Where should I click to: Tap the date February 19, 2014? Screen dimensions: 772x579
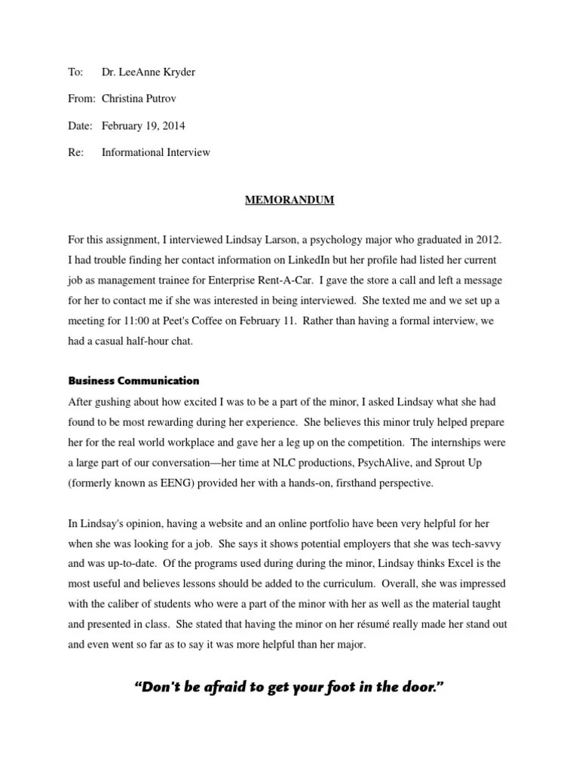coord(143,125)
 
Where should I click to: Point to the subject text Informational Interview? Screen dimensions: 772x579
coord(156,152)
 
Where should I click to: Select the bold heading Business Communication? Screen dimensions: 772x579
coord(133,381)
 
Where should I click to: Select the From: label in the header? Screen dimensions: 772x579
coord(81,99)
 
